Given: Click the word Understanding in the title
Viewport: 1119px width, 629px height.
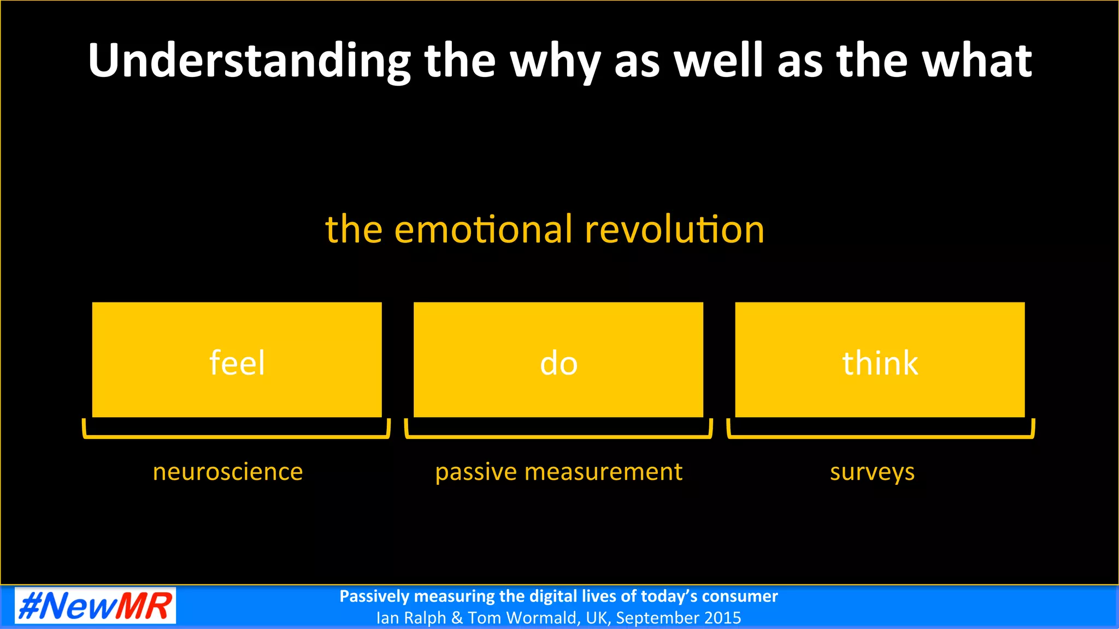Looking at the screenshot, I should pos(249,61).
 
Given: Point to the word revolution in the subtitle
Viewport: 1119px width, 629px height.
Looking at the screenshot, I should pos(674,229).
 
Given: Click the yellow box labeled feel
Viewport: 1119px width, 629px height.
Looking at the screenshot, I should pos(237,360).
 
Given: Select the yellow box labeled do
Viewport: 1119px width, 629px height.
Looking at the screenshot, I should pos(558,360).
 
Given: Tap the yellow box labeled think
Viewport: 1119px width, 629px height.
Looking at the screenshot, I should pos(880,360).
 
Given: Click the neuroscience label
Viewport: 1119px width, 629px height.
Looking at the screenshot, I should pos(227,472).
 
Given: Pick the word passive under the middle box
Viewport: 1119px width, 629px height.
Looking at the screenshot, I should pos(476,472).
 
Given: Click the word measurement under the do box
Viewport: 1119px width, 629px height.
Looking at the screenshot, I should pos(603,472).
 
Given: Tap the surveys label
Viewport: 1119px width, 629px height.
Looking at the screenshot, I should pos(872,472).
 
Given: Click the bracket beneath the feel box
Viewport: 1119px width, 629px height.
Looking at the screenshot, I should pos(236,436).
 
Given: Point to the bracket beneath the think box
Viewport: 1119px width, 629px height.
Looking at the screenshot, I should pos(880,436).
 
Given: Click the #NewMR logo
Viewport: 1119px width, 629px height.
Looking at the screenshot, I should pos(95,606).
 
